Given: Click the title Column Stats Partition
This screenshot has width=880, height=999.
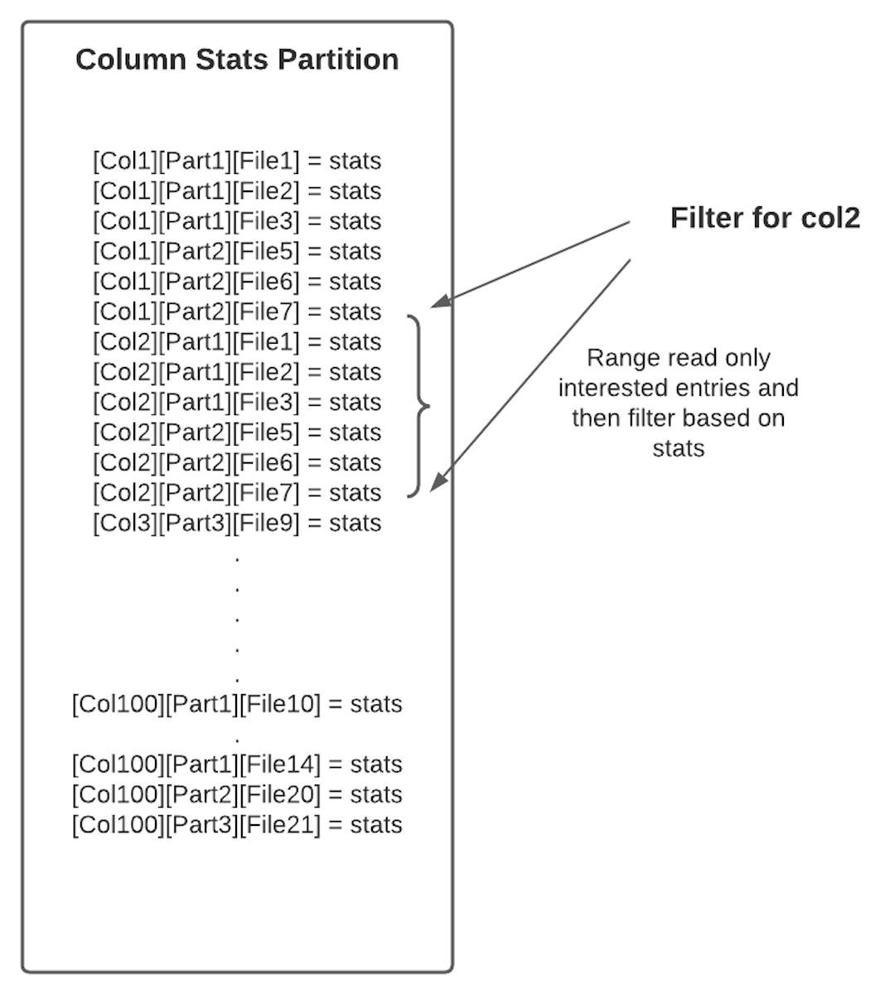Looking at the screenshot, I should (237, 60).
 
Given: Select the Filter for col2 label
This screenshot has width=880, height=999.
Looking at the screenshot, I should (765, 218).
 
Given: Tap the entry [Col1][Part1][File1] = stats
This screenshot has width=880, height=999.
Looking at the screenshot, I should (237, 161).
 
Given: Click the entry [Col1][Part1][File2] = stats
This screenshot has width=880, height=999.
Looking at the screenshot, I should (237, 191).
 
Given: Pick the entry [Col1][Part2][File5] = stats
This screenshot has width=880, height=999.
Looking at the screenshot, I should (237, 251).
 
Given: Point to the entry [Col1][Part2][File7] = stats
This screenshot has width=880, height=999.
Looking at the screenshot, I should (237, 311).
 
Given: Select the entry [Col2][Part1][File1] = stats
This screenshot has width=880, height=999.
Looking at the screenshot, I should (237, 341).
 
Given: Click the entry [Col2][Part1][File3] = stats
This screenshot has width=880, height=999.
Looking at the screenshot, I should (237, 402).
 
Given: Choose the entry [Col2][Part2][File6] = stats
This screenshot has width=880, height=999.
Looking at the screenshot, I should (237, 462).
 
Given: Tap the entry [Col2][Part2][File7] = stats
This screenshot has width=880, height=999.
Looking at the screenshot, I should (237, 492).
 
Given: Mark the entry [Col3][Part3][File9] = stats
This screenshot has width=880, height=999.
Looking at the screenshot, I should (237, 523).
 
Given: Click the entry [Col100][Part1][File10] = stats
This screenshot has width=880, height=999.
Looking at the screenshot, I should (237, 704).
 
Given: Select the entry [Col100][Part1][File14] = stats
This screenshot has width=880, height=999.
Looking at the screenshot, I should (237, 764).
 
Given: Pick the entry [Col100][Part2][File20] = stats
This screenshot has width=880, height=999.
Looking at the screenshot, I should (237, 794).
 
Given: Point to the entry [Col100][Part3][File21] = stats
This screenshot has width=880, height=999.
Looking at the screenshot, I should (237, 824).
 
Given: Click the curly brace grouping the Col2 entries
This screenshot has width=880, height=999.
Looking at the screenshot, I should (421, 406).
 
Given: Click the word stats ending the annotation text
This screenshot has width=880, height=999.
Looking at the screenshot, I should (678, 448).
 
